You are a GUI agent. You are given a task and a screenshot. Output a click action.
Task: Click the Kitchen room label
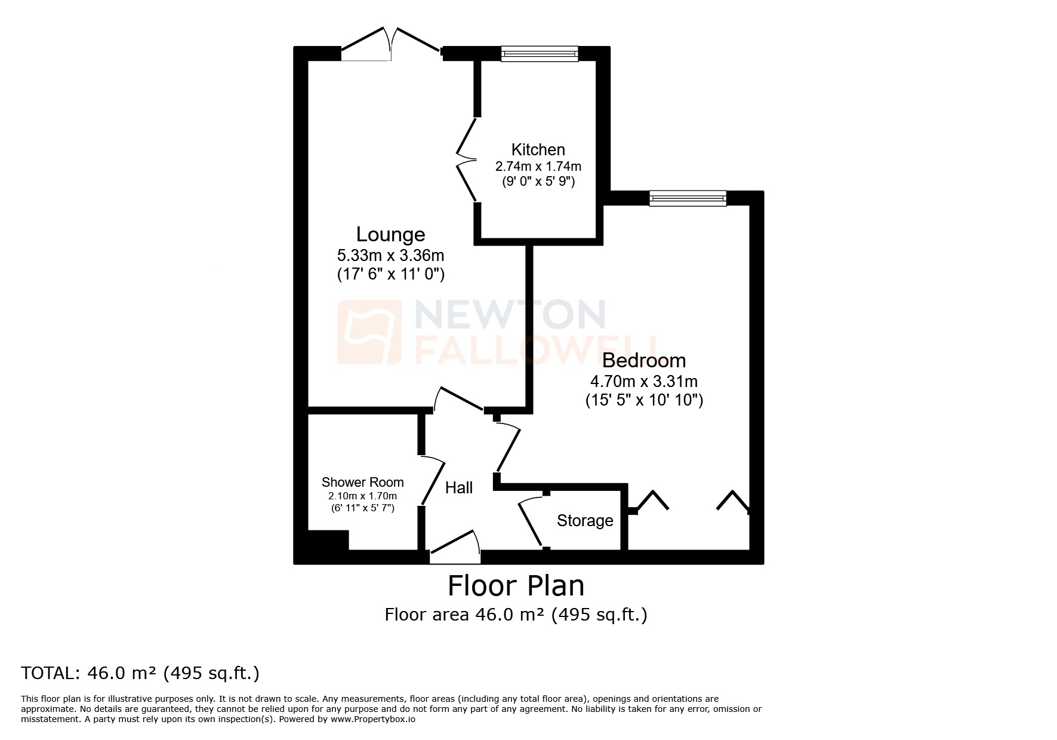pos(538,149)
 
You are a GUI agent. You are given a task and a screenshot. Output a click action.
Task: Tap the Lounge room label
pos(390,234)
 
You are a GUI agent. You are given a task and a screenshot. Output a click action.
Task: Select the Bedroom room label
pos(643,360)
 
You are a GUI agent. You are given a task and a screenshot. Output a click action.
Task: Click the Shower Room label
pos(362,482)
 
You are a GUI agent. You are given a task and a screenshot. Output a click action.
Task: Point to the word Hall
pos(459,488)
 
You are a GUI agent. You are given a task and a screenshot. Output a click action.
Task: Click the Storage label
pos(584,521)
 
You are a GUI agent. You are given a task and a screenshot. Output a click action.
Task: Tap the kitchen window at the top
pos(539,54)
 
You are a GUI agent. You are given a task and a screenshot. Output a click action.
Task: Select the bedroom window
pos(688,198)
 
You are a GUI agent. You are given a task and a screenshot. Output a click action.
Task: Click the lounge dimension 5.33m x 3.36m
pos(390,256)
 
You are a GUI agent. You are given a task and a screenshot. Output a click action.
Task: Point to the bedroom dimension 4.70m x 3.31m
pos(643,381)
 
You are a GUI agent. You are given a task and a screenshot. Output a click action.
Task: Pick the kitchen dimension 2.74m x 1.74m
pos(538,166)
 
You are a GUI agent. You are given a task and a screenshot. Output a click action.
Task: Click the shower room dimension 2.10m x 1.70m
pos(362,496)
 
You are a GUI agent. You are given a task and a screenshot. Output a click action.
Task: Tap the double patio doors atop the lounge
pos(392,45)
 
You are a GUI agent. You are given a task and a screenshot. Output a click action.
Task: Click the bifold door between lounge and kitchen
pos(466,159)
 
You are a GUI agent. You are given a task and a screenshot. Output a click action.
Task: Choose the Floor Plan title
pos(516,586)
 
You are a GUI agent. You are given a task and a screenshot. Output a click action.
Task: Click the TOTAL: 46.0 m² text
pos(140,673)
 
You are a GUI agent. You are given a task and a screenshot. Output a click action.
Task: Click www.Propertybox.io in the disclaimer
pos(373,720)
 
